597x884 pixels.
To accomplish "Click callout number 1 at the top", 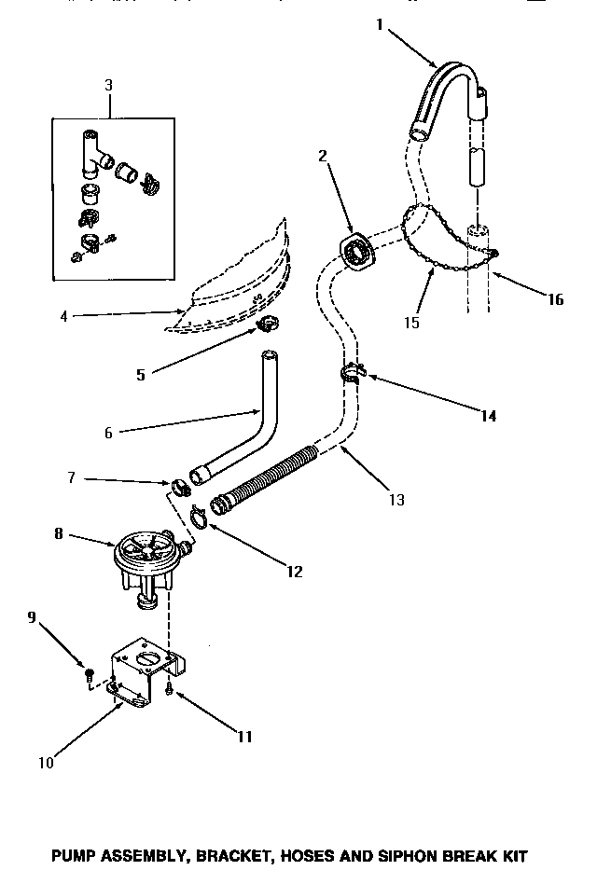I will coord(379,26).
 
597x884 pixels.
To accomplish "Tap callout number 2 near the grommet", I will coord(323,156).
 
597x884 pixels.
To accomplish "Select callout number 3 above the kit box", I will coord(108,85).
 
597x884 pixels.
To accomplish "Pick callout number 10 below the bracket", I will coord(46,763).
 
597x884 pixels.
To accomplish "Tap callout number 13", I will coord(396,501).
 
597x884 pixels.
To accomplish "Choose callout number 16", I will coord(555,300).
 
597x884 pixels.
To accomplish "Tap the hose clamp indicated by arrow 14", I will coord(352,376).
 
